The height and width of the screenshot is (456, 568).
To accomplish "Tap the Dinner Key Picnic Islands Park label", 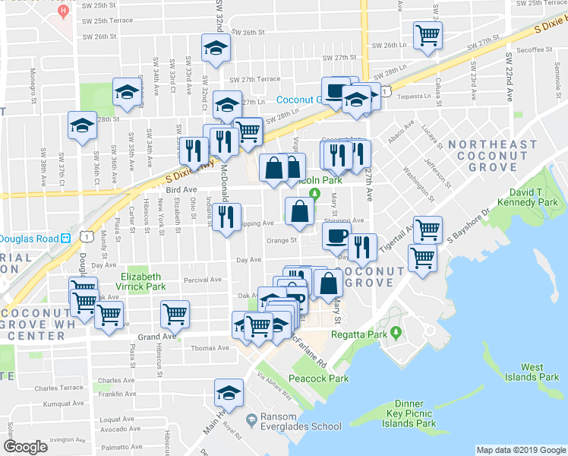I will tap(415, 414).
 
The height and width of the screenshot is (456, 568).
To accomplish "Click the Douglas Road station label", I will tap(29, 238).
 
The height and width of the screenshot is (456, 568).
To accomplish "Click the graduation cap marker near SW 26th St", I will tap(216, 47).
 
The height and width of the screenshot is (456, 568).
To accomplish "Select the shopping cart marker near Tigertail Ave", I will tap(428, 228).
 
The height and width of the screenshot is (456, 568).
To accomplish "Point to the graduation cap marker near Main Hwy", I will tap(227, 393).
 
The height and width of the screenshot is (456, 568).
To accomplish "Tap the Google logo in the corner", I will tap(26, 447).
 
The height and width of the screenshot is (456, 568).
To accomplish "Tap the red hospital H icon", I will tap(64, 12).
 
